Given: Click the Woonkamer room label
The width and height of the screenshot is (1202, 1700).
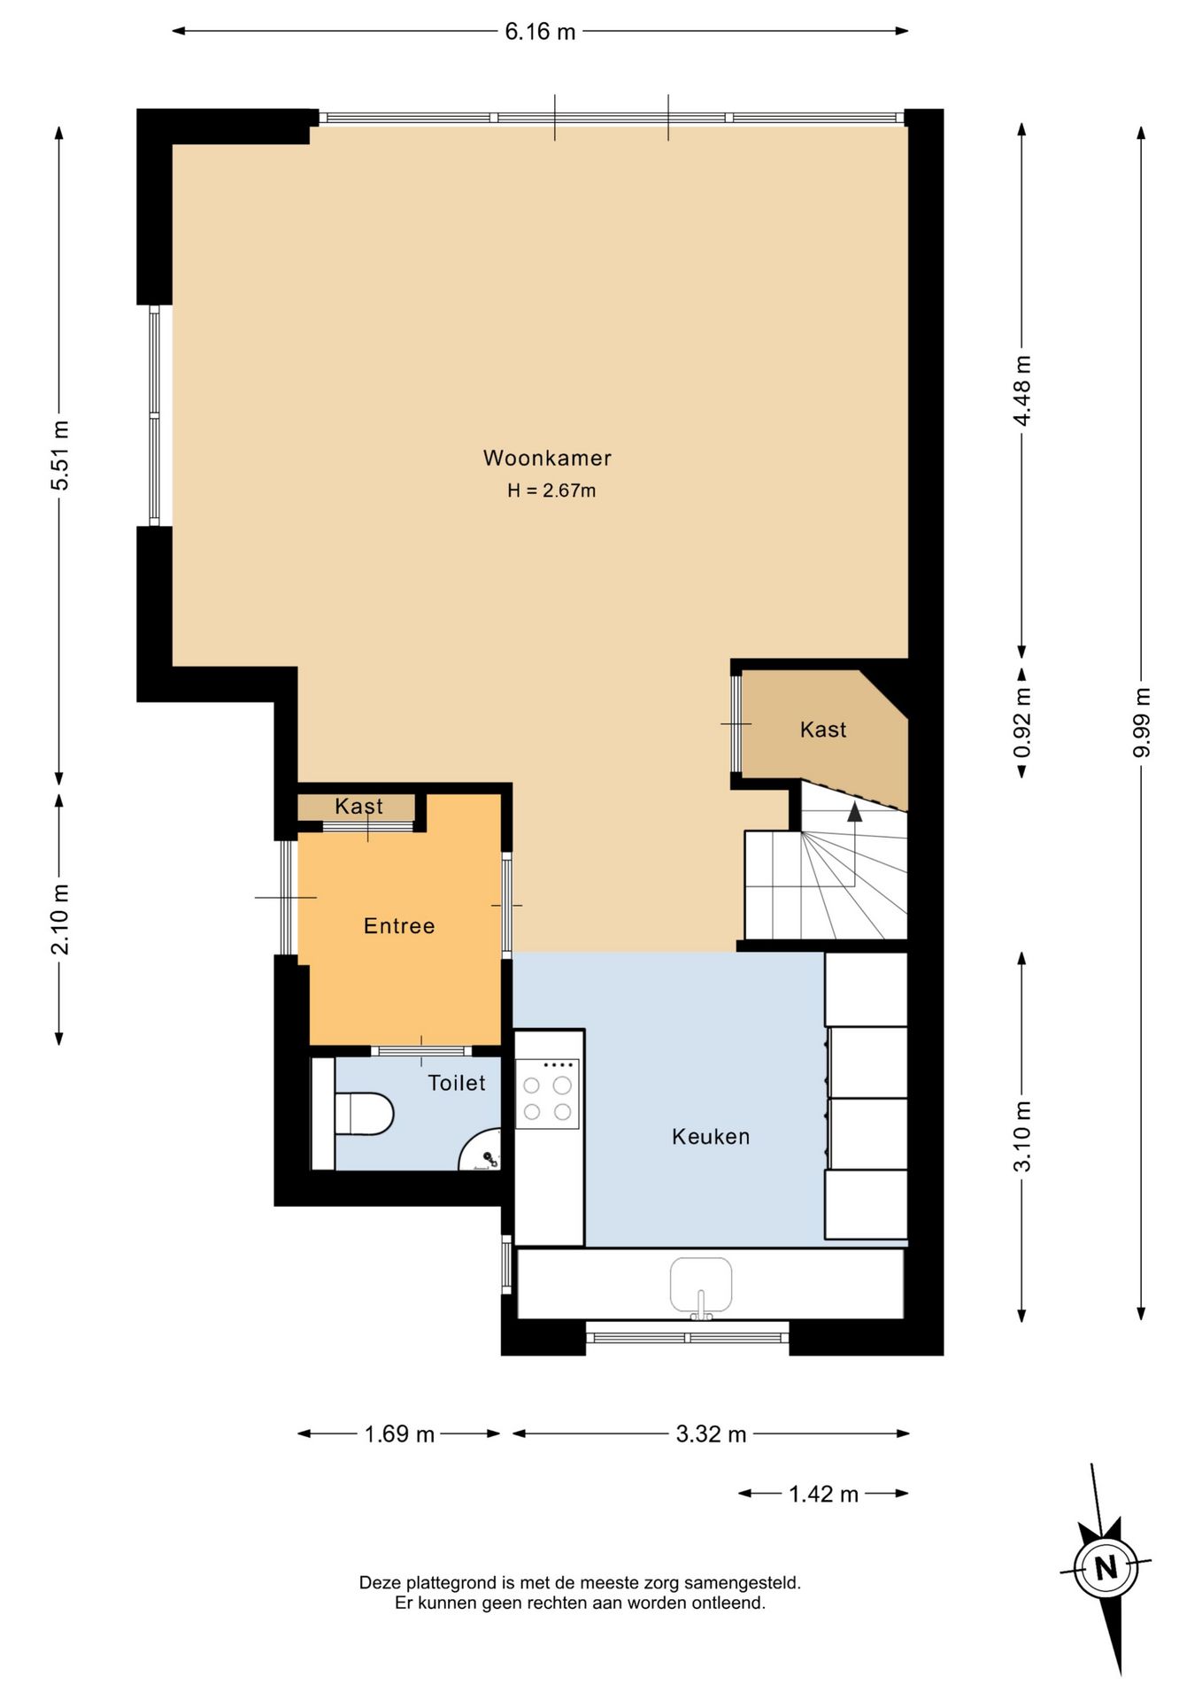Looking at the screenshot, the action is coord(547,458).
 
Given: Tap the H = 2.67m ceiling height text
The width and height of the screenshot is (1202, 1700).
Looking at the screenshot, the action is coord(551,491).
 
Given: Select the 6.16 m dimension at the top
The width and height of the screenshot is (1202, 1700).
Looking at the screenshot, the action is coord(540,32).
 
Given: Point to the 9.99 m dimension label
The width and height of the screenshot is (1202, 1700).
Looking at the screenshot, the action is coord(1141,722).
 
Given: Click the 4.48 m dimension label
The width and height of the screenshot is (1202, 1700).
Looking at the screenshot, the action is coord(1022,390).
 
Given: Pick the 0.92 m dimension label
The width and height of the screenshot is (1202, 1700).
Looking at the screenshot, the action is coord(1022,723).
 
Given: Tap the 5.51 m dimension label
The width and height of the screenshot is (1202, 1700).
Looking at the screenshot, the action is coord(59,455).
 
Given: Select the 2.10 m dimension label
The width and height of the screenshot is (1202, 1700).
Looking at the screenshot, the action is coord(59,919).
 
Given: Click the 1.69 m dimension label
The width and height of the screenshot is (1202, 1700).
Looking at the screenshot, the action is coord(399,1433).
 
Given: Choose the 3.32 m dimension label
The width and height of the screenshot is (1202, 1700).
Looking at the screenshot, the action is coord(711,1433).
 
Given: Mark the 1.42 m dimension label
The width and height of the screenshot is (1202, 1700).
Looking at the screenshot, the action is coord(823,1494).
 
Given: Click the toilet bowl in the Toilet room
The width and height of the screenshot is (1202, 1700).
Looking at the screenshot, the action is coord(364,1114).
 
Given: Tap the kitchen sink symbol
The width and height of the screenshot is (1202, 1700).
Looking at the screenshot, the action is coord(701,1286).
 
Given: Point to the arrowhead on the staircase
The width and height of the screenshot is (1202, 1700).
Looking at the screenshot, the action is coord(854,812).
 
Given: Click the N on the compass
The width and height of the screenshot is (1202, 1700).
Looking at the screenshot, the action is coord(1106,1568).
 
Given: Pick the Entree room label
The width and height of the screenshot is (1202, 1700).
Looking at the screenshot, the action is coord(399,926).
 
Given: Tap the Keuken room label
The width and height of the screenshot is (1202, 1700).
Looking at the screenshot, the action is coord(711,1137).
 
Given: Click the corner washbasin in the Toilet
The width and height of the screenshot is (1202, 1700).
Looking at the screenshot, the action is coord(482,1151).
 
